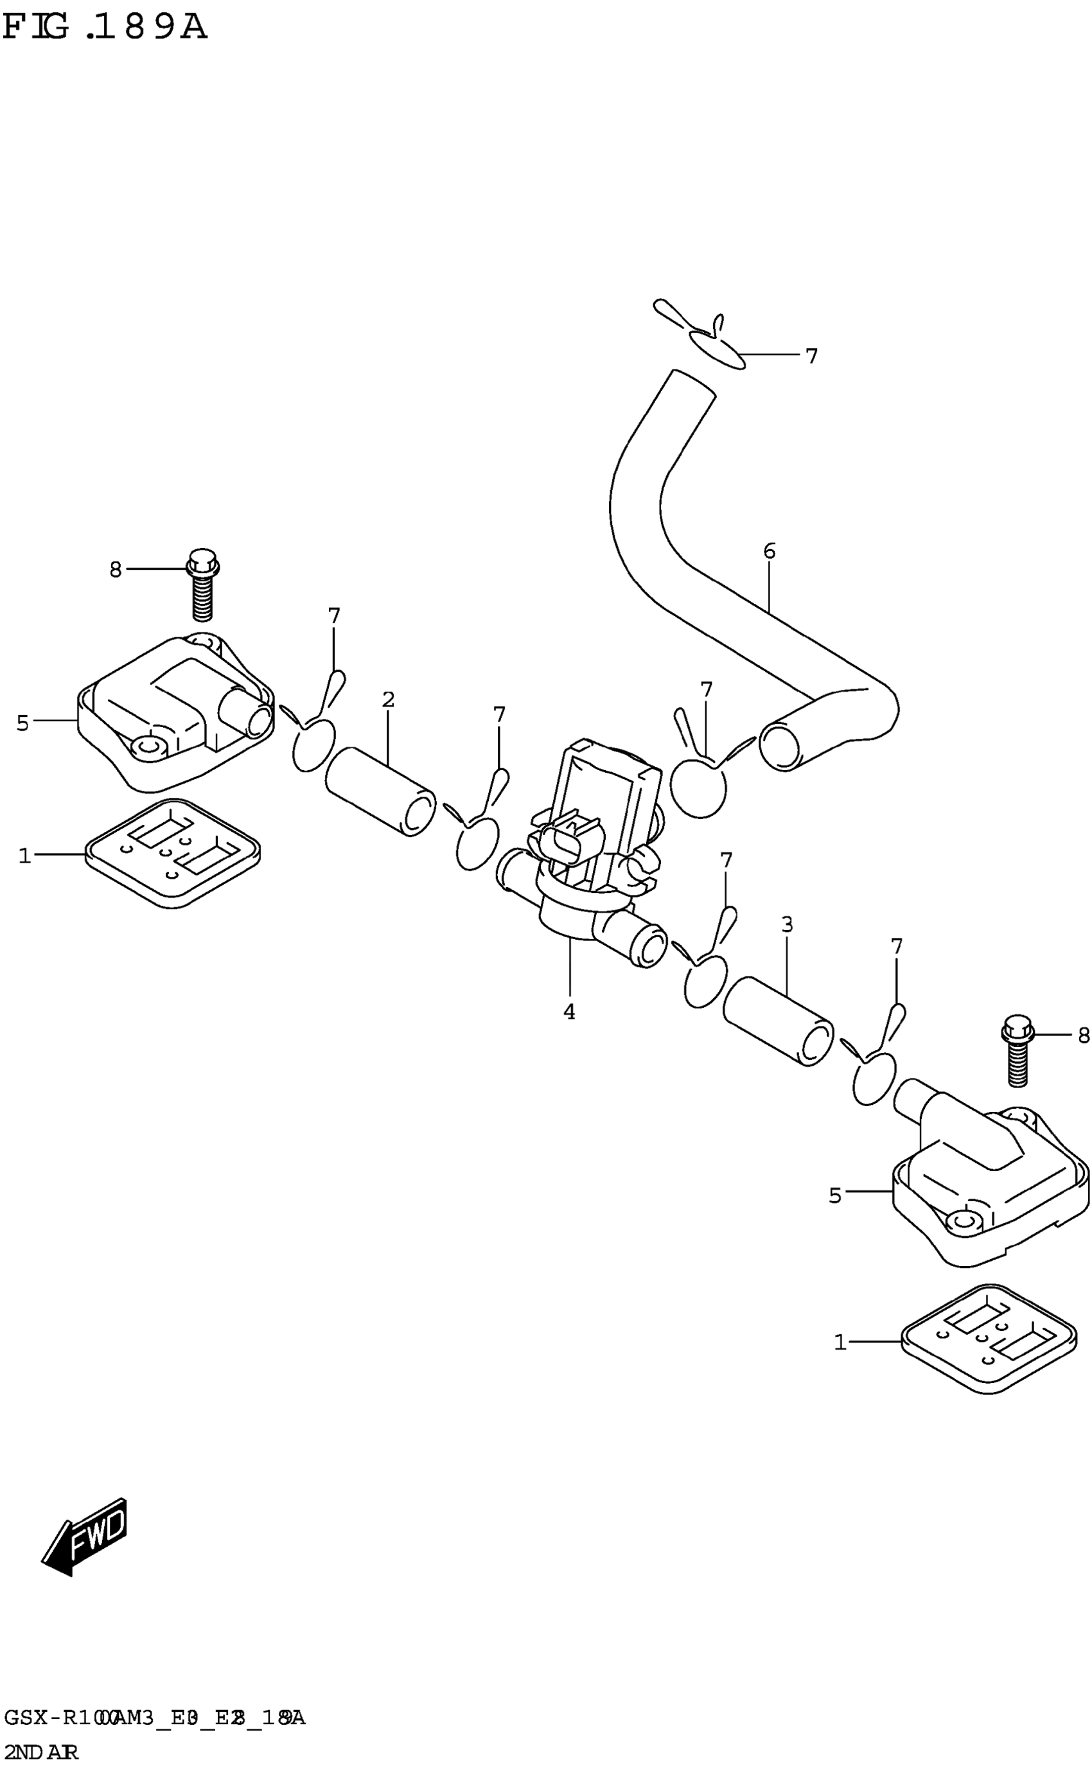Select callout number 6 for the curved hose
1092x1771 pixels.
pos(769,552)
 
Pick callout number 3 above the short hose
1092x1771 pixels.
pos(788,924)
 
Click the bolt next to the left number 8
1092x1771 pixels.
pos(203,585)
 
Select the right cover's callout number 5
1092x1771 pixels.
pos(835,1196)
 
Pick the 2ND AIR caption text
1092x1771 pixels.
pos(41,1752)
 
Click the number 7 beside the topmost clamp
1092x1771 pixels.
pos(811,356)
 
